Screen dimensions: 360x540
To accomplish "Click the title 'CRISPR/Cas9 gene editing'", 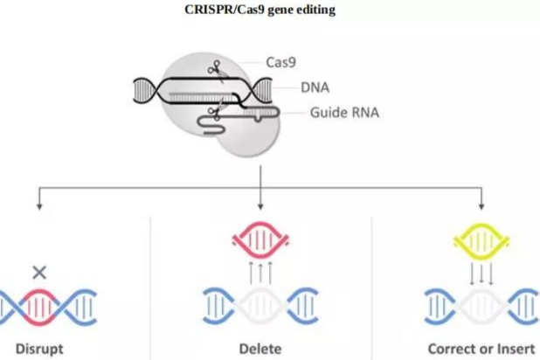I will tap(260, 10).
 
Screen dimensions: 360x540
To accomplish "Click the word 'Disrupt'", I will tap(38, 348).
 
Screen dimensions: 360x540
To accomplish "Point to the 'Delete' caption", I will tap(260, 348).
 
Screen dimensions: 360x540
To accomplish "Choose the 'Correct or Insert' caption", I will tap(480, 348).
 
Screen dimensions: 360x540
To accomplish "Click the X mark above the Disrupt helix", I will tap(38, 272).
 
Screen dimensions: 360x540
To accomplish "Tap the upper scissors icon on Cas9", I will tap(213, 67).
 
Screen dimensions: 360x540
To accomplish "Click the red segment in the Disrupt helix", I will tap(39, 306).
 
